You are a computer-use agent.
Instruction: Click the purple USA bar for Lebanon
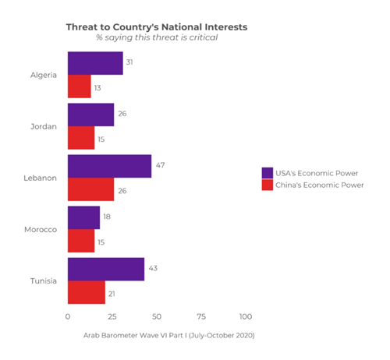coord(109,166)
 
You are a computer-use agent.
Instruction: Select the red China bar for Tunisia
coord(87,292)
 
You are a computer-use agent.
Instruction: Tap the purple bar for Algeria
coord(95,64)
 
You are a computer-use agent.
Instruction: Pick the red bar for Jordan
coord(81,138)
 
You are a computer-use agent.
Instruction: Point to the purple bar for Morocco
coord(83,217)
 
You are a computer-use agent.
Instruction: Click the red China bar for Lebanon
coord(90,189)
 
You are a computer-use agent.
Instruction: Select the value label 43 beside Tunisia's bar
coord(154,268)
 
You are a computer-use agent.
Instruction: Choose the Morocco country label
coord(41,229)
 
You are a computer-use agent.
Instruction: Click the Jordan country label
coord(44,126)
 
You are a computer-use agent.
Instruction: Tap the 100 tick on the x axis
coord(246,317)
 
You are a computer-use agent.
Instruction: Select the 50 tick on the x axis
coord(157,317)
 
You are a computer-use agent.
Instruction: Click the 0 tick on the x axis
coord(68,317)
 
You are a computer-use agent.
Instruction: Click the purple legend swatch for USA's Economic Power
coord(267,172)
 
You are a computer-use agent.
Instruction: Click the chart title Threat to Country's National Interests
coord(156,26)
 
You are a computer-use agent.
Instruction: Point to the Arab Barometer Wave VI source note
coord(168,335)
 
